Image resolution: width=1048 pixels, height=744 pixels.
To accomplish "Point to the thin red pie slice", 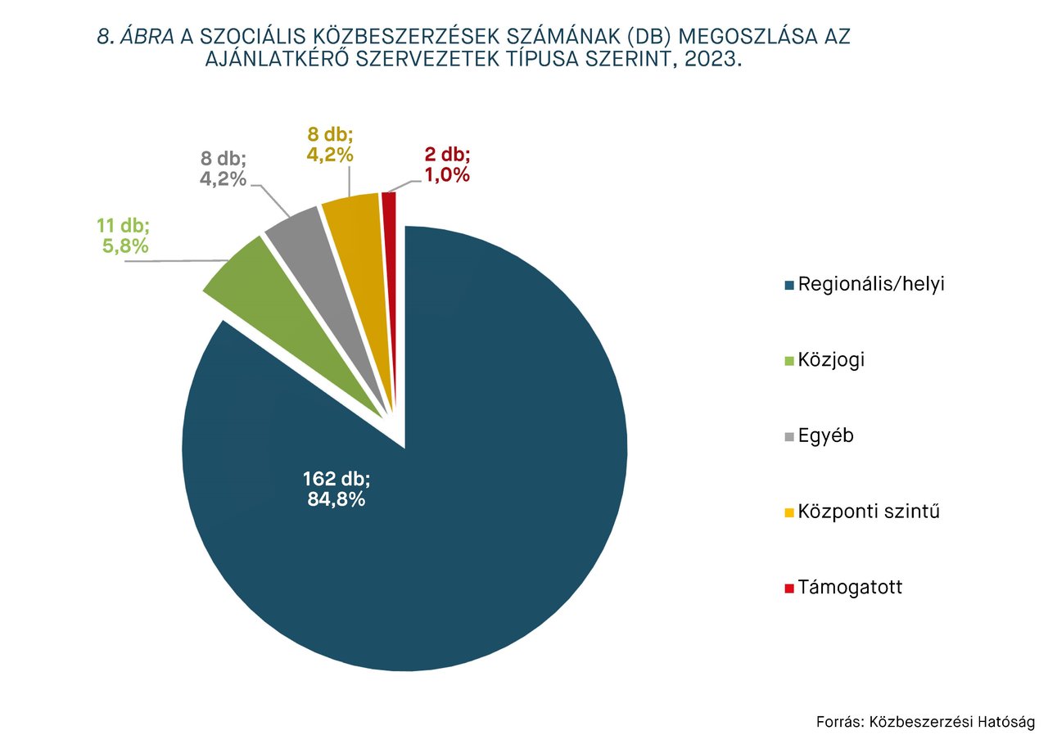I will coord(390,213).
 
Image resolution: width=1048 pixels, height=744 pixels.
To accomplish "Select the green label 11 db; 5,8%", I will coord(124,236).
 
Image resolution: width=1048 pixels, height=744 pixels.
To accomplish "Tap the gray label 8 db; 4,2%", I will coord(224,168).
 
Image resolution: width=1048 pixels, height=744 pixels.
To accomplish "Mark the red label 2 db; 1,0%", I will coord(446,165).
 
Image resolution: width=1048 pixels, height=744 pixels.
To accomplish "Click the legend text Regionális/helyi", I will coord(871,284).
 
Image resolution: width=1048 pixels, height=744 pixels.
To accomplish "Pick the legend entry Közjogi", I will coord(831,360).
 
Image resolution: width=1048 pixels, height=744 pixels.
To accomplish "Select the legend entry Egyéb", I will coord(825,435).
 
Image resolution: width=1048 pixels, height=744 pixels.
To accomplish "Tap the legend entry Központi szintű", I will coord(868,512).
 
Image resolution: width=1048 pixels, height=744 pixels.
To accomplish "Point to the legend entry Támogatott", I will coord(850,588).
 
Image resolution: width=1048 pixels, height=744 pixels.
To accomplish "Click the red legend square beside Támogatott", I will coord(789,588).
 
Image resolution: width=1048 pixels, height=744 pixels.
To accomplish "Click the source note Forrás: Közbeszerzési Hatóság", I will coord(925,722).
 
